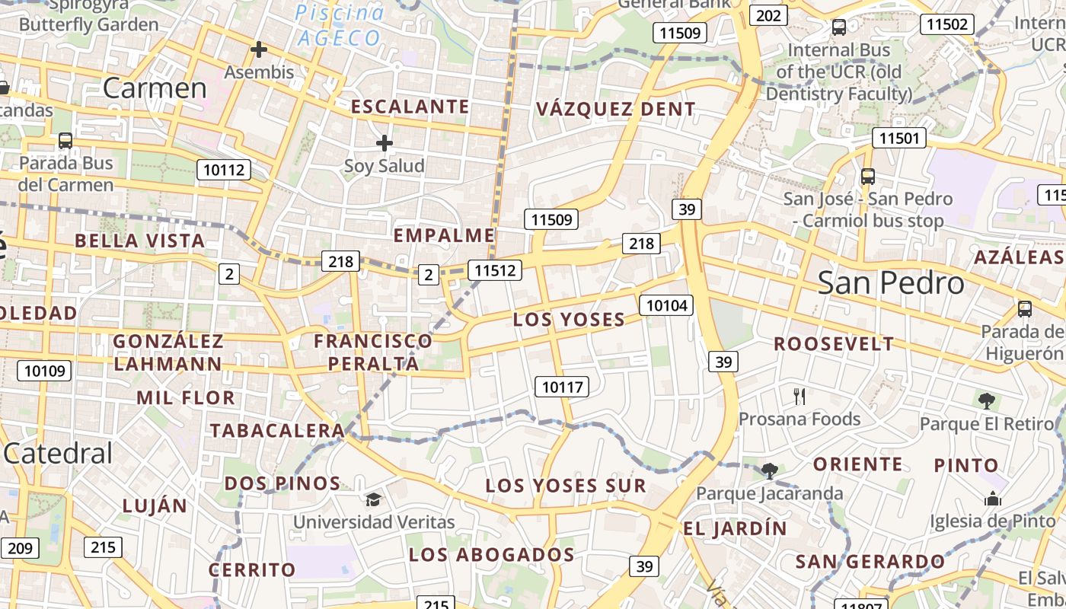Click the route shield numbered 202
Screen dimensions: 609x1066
click(x=768, y=16)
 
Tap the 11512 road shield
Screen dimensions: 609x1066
click(x=495, y=269)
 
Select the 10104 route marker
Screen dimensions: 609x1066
click(x=667, y=306)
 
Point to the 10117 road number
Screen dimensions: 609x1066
click(x=562, y=387)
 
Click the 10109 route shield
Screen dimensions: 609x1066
click(x=45, y=371)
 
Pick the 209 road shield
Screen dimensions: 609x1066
click(x=21, y=547)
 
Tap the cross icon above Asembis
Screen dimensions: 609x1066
click(x=259, y=50)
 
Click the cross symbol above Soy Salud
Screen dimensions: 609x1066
click(x=385, y=142)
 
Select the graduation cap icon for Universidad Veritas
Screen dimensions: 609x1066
click(x=373, y=499)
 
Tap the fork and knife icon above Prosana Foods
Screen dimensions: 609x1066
click(x=799, y=396)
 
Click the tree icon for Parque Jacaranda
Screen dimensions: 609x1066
click(x=770, y=470)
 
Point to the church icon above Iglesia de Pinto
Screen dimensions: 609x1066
click(x=992, y=499)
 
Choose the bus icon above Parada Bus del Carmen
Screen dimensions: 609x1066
click(x=65, y=140)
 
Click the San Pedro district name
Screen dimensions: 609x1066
click(x=891, y=283)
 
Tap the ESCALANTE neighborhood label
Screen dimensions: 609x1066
click(x=410, y=107)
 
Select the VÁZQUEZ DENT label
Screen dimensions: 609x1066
click(x=615, y=109)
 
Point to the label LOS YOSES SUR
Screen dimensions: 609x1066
click(x=565, y=486)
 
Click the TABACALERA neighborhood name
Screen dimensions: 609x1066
click(x=277, y=430)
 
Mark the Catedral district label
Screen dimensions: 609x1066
click(x=58, y=454)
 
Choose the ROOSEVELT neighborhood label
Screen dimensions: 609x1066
click(x=834, y=344)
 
